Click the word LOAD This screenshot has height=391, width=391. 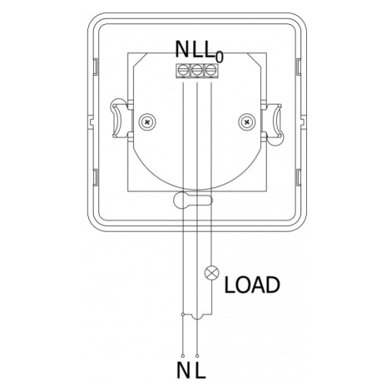252,285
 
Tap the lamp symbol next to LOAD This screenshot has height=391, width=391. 211,273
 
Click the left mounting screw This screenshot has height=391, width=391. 147,121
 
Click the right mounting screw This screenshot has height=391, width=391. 247,121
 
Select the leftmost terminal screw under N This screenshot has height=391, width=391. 182,70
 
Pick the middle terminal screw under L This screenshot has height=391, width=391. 196,70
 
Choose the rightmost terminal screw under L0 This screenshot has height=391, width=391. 210,70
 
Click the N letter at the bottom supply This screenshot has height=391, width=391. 183,370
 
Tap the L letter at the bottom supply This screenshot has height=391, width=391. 200,370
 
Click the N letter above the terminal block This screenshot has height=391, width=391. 182,49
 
